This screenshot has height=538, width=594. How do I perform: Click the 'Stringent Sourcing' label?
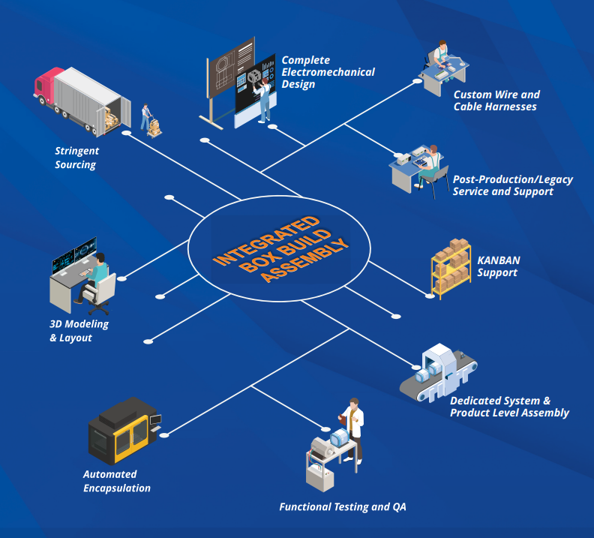76,158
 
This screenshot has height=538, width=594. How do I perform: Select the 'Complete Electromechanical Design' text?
328,72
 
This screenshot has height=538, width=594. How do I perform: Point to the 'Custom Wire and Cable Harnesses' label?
496,101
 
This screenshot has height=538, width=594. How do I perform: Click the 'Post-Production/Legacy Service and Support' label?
512,185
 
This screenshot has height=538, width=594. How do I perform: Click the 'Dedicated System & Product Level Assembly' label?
509,407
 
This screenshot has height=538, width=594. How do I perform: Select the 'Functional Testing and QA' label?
342,507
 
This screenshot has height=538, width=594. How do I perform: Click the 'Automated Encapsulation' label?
116,481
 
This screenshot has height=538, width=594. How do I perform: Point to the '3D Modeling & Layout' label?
79,331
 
